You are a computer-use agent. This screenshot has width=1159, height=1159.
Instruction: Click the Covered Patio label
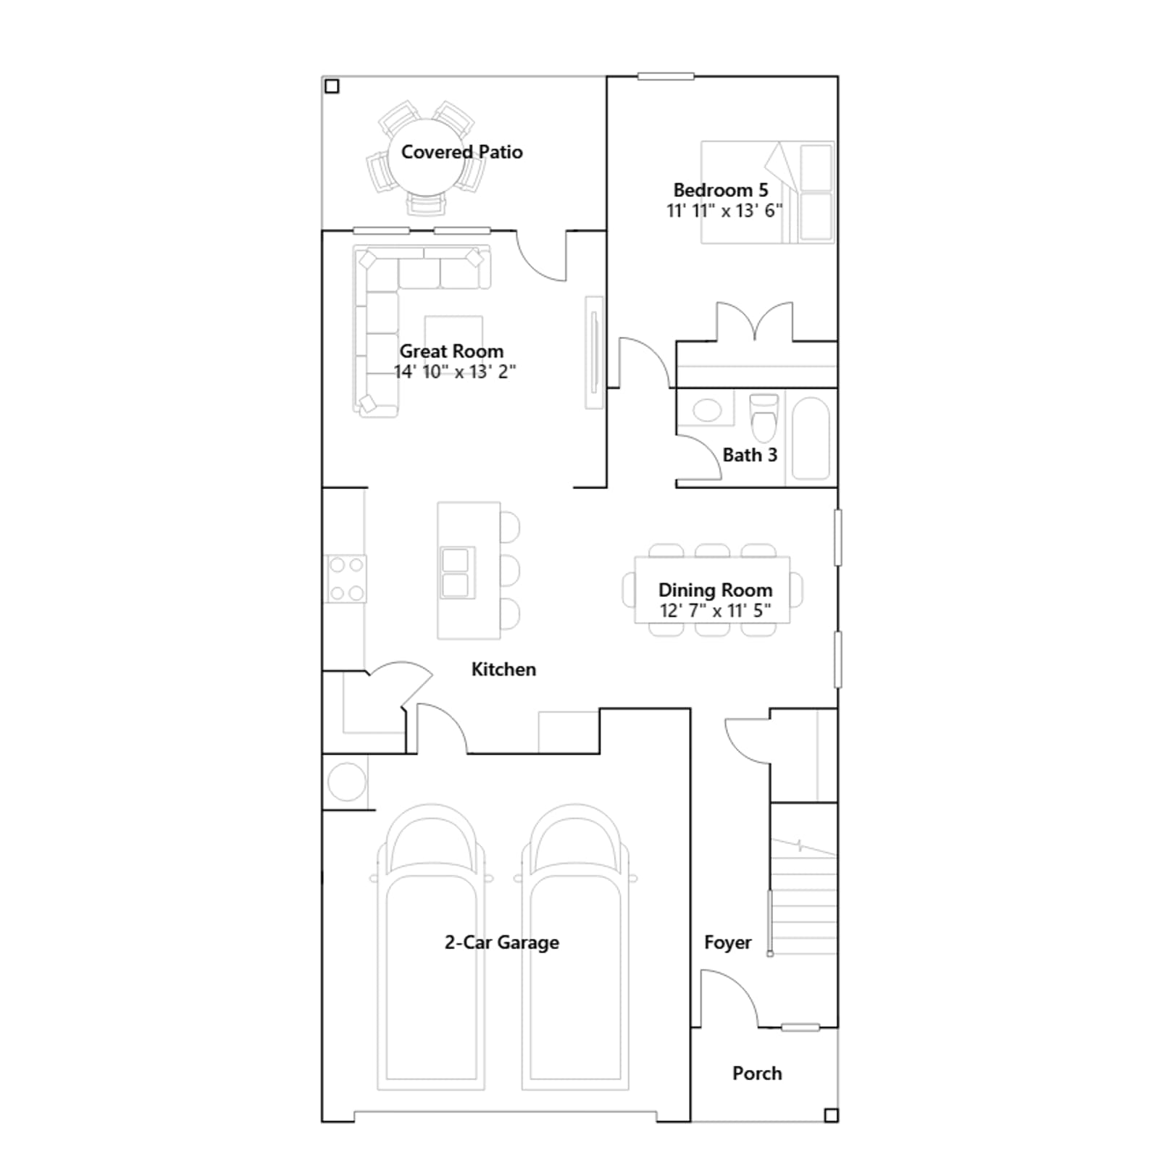coord(461,152)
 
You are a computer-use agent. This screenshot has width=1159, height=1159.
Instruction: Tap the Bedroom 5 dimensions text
coord(724,211)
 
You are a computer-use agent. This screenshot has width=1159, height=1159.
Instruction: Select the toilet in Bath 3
coord(763,418)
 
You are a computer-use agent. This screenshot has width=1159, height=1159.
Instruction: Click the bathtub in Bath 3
coord(811,438)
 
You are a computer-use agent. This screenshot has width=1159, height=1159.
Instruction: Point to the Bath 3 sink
coord(707,411)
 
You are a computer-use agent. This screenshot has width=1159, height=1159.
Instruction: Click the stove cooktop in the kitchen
coord(346,579)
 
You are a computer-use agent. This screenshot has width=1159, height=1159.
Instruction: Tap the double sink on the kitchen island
coord(456,572)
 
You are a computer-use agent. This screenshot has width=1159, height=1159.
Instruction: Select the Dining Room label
coord(715,590)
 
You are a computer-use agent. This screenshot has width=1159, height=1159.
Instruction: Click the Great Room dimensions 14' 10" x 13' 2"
coord(455,372)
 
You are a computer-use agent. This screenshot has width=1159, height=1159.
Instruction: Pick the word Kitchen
coord(503,669)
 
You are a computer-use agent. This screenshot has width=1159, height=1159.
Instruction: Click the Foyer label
coord(728,942)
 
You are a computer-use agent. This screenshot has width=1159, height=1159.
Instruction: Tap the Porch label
coord(757,1074)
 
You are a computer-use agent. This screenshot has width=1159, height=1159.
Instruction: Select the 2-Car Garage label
coord(502,942)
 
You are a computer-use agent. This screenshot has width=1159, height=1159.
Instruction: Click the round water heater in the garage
coord(346,782)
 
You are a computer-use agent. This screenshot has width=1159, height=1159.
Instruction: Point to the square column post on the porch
coord(832,1115)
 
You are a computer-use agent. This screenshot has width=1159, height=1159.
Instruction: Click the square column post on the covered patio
coord(332,86)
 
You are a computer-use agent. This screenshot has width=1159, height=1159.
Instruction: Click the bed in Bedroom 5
coord(768,192)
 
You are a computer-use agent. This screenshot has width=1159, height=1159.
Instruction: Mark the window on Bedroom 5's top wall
coord(666,76)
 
